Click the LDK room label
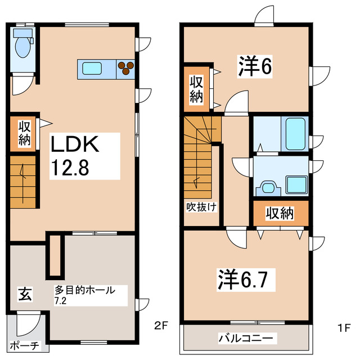coord(75,145)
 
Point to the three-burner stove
coord(126,67)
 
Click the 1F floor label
coord(344,326)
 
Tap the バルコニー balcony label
coord(245,339)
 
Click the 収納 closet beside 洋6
coord(196,88)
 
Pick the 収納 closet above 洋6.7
coord(280,213)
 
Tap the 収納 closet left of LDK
coord(24,133)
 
